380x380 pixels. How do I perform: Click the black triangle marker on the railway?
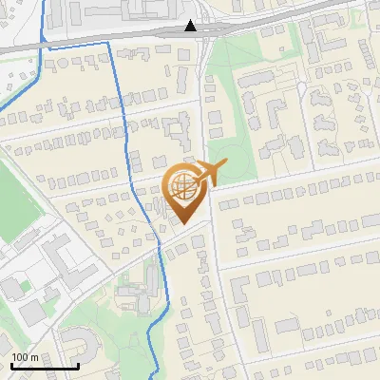[192, 26]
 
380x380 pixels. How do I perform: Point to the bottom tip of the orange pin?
[184, 224]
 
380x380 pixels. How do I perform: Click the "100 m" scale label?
[25, 357]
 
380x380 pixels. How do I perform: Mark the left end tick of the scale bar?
[10, 364]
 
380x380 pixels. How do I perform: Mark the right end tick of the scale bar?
[78, 364]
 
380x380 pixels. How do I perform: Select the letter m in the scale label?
[34, 357]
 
